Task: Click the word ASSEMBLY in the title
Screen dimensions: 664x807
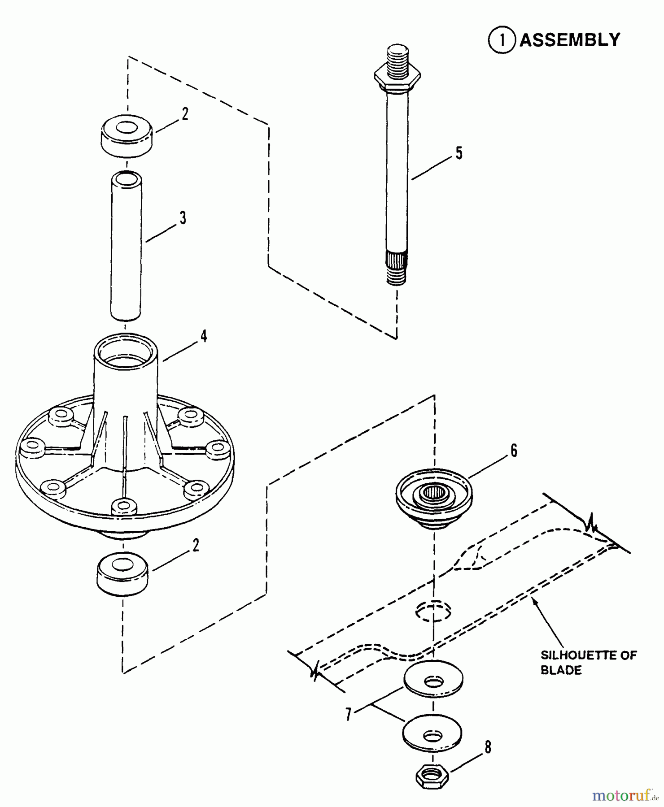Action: pyautogui.click(x=570, y=40)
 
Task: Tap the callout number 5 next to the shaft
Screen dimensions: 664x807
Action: pyautogui.click(x=459, y=153)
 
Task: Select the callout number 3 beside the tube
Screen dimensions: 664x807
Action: pyautogui.click(x=183, y=218)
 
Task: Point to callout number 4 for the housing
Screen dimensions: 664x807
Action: pyautogui.click(x=204, y=336)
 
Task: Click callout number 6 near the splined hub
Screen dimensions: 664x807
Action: pyautogui.click(x=514, y=450)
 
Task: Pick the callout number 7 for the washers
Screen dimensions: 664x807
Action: pyautogui.click(x=349, y=713)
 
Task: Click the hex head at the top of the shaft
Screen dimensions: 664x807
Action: pyautogui.click(x=397, y=77)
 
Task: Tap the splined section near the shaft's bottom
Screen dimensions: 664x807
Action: pyautogui.click(x=397, y=260)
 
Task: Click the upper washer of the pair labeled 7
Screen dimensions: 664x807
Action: pyautogui.click(x=433, y=680)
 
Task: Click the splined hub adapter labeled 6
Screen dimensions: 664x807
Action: pyautogui.click(x=434, y=498)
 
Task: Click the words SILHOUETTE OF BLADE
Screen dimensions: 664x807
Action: pyautogui.click(x=588, y=663)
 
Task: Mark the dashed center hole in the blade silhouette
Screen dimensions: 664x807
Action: pyautogui.click(x=433, y=612)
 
